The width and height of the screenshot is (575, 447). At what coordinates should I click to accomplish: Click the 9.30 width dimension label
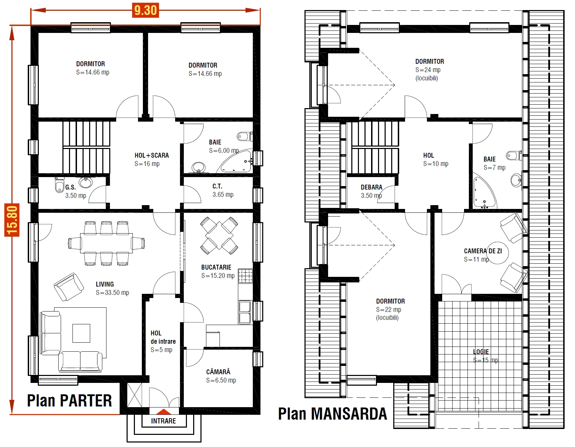[x=145, y=10]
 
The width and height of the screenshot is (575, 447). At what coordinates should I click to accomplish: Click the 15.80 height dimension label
[x=12, y=220]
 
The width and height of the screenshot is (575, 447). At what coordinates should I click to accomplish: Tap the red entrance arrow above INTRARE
[x=164, y=412]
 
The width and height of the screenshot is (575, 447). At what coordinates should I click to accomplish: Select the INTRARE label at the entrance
[x=164, y=421]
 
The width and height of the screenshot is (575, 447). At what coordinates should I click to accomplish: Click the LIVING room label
[x=105, y=284]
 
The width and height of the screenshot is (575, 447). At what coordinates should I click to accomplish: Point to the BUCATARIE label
[x=216, y=267]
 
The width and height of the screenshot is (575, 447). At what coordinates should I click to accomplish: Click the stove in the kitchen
[x=245, y=276]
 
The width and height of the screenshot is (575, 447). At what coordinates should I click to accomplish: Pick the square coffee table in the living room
[x=81, y=333]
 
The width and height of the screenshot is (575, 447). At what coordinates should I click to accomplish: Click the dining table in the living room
[x=106, y=243]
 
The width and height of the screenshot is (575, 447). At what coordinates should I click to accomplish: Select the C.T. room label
[x=217, y=186]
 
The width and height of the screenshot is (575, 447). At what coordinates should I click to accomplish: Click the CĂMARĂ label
[x=218, y=372]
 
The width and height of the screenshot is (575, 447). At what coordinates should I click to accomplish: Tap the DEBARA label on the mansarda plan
[x=371, y=187]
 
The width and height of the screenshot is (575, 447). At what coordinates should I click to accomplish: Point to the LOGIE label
[x=481, y=352]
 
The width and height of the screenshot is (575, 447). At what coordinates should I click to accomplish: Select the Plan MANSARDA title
[x=333, y=414]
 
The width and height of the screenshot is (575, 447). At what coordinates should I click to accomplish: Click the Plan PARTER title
[x=70, y=401]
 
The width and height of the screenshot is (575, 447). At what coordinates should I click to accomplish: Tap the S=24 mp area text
[x=428, y=70]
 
